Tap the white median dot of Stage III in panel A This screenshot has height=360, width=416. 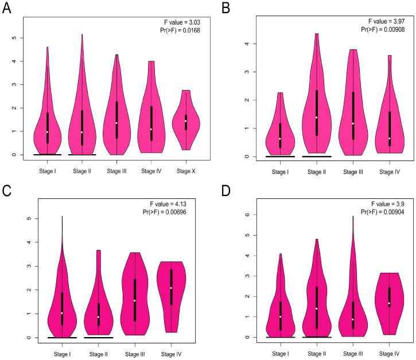click(116, 123)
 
